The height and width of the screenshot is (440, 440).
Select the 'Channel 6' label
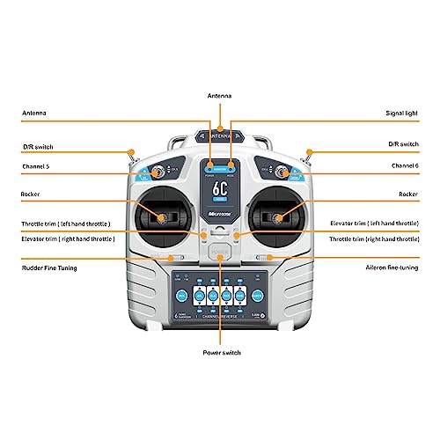[x=405, y=165]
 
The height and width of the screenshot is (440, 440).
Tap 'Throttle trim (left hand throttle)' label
[x=67, y=224]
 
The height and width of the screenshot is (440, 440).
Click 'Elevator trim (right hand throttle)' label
[x=68, y=238]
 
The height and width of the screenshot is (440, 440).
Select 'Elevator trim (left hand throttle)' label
[x=372, y=224]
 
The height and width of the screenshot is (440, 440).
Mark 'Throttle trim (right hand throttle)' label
[x=374, y=238]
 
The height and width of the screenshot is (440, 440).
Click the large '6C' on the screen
[x=220, y=188]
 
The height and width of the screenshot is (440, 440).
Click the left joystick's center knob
[x=163, y=216]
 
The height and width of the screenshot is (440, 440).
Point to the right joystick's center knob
[x=277, y=216]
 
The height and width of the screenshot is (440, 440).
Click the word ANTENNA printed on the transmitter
[x=220, y=136]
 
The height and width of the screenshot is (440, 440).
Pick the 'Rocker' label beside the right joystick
[x=407, y=194]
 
